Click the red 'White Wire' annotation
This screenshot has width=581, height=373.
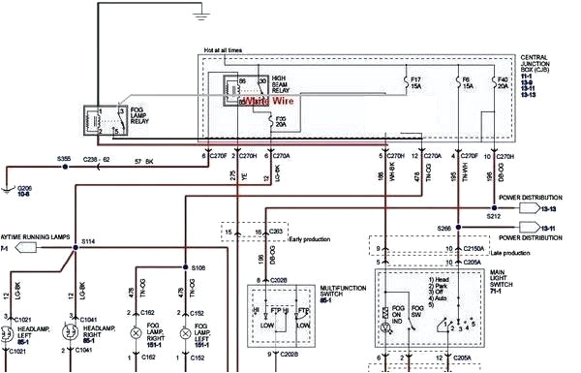tap(267, 99)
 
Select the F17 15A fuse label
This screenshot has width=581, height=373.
tap(416, 81)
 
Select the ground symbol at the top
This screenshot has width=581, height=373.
tap(201, 15)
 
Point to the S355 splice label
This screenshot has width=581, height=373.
tap(64, 157)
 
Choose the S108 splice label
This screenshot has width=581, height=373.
tap(199, 266)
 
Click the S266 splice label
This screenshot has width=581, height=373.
tap(443, 229)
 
